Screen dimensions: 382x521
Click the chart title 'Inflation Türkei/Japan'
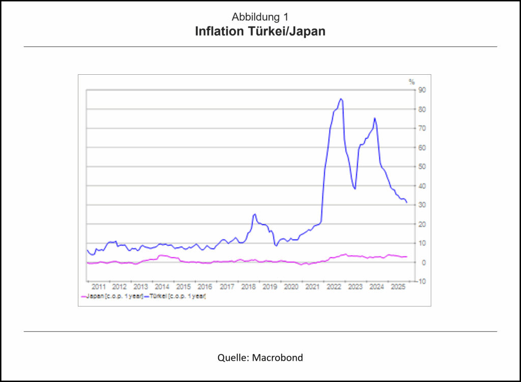[x=260, y=32]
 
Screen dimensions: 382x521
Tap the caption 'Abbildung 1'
[x=260, y=16]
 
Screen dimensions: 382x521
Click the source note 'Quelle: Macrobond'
[x=260, y=358]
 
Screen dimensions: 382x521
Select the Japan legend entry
[x=112, y=296]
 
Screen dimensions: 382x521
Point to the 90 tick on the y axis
[x=422, y=90]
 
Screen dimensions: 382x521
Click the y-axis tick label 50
[x=422, y=167]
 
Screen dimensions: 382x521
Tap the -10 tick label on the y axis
[x=422, y=281]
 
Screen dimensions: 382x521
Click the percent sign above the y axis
[x=412, y=81]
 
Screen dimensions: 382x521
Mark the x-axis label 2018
[x=248, y=287]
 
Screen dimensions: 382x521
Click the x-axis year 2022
[x=333, y=287]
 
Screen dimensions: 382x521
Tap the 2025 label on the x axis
[x=397, y=287]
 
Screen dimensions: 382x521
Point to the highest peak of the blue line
[x=341, y=99]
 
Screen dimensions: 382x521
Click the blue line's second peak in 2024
[x=375, y=118]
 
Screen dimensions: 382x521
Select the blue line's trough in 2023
[x=355, y=189]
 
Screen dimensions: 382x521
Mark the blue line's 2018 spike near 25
[x=254, y=214]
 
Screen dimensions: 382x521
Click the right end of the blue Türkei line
[x=407, y=202]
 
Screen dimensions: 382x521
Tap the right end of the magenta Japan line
[x=407, y=256]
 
